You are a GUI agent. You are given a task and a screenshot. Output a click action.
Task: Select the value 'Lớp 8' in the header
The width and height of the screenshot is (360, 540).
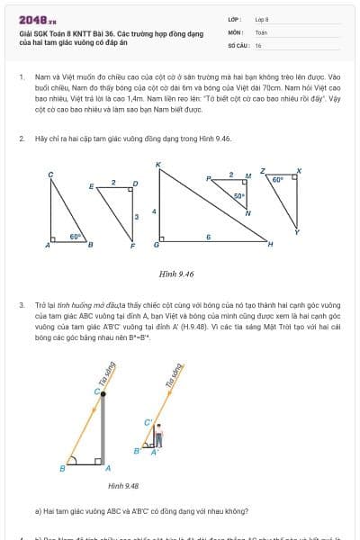click(262, 19)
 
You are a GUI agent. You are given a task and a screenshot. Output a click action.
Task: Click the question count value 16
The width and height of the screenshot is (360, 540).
click(258, 44)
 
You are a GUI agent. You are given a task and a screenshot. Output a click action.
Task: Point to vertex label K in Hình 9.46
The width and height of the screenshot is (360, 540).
click(157, 165)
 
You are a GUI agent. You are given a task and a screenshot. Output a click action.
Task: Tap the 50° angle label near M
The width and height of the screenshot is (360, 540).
click(239, 195)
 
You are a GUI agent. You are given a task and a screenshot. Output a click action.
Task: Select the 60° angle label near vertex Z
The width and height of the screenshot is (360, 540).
click(278, 179)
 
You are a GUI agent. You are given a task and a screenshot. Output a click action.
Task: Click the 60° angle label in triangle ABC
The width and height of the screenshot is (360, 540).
click(76, 236)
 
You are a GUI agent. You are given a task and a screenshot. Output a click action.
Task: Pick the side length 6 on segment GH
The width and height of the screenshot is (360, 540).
click(208, 236)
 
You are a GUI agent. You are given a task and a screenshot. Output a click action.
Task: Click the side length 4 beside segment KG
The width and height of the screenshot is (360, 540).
click(153, 211)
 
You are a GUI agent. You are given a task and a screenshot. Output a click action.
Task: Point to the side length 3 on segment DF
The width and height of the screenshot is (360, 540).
click(137, 216)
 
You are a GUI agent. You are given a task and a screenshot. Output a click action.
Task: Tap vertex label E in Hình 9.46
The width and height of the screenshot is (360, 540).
click(91, 186)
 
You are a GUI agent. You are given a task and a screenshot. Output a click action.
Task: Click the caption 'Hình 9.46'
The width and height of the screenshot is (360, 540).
click(176, 274)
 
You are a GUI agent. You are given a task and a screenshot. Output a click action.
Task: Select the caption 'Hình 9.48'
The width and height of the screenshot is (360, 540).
click(123, 486)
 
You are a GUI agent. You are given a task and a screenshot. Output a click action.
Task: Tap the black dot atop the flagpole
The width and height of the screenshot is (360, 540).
click(103, 392)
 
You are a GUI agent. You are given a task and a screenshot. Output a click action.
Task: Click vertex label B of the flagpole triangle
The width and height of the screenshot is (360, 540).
click(62, 468)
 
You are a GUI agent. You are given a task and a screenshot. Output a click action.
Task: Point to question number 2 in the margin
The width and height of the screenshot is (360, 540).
click(21, 139)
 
